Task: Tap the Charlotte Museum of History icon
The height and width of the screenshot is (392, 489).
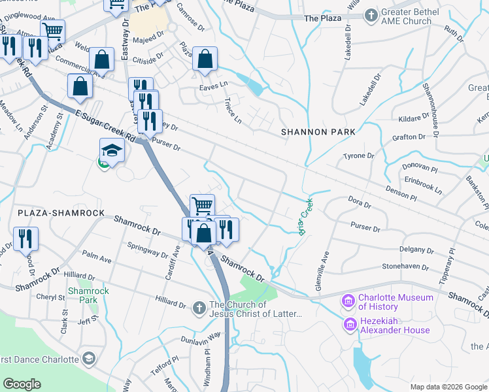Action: (x=348, y=301)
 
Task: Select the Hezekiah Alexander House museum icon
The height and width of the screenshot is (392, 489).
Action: (x=350, y=324)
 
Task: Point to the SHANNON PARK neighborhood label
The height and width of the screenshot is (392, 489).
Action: (x=318, y=132)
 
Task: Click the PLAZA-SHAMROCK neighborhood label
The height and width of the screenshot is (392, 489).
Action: (x=61, y=214)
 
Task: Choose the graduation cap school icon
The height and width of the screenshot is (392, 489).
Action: (x=112, y=151)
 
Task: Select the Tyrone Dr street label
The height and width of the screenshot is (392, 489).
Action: (x=358, y=156)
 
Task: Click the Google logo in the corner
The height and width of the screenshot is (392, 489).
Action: (x=22, y=384)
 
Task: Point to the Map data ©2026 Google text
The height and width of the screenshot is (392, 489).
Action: (x=447, y=387)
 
